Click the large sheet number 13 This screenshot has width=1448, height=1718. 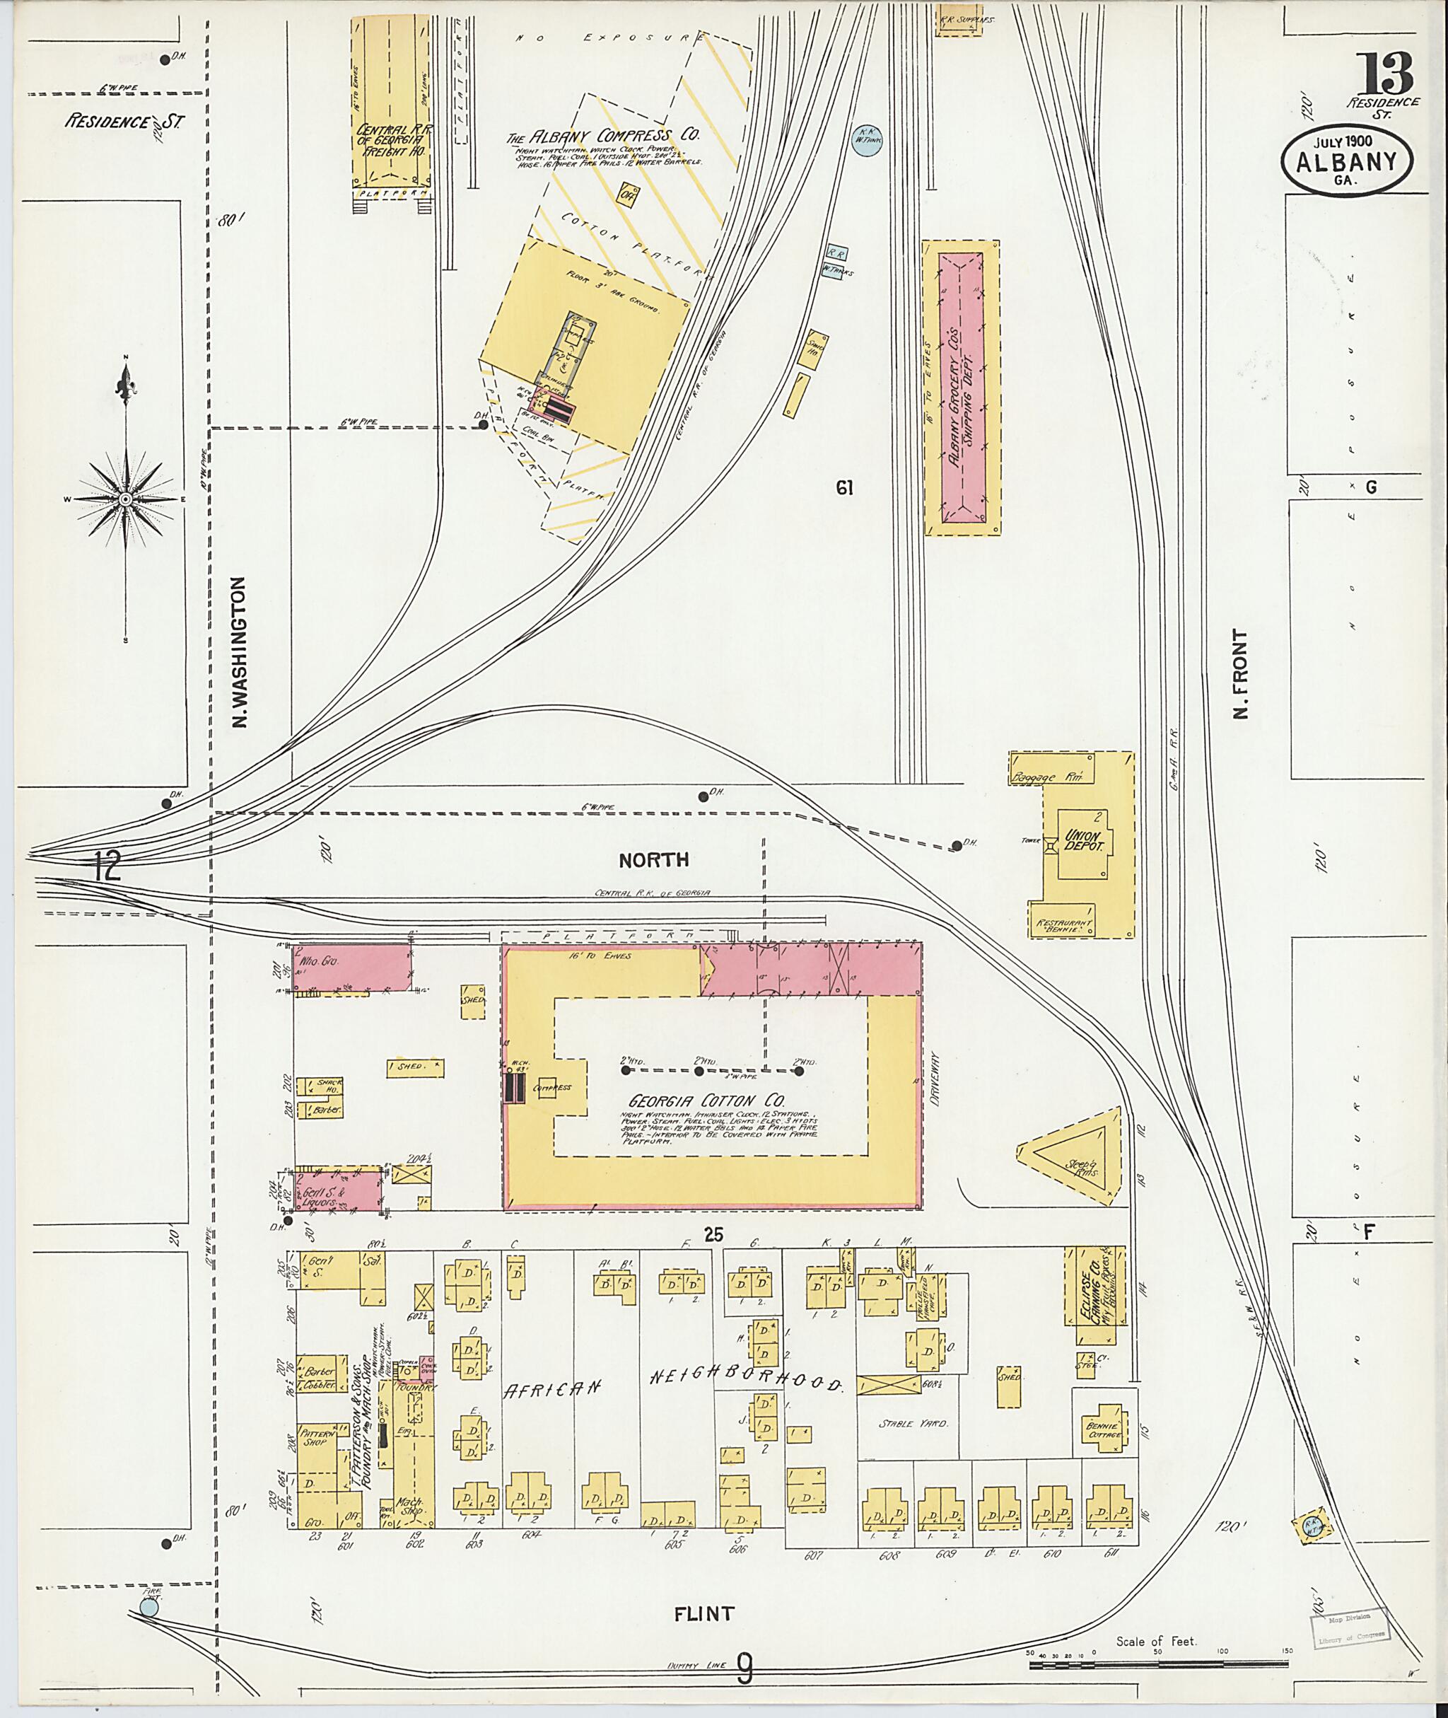pos(1385,74)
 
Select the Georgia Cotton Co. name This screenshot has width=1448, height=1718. pos(707,1101)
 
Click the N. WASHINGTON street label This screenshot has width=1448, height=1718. pos(240,652)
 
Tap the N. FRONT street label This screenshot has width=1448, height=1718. pos(1240,673)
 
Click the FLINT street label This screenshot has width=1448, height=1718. pos(703,1614)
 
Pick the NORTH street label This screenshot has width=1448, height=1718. pos(653,860)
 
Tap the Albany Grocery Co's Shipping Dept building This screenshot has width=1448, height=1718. pos(962,388)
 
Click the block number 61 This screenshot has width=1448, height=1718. pos(846,488)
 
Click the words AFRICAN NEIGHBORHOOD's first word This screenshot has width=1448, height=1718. pos(554,1387)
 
